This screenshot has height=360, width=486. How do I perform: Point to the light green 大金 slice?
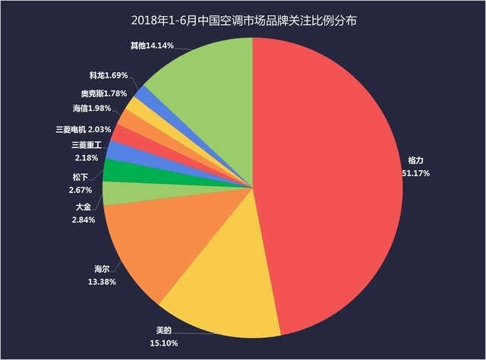(114, 193)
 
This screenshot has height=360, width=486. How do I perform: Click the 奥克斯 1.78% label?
(99, 93)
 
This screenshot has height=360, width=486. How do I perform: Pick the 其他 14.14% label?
(152, 46)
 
